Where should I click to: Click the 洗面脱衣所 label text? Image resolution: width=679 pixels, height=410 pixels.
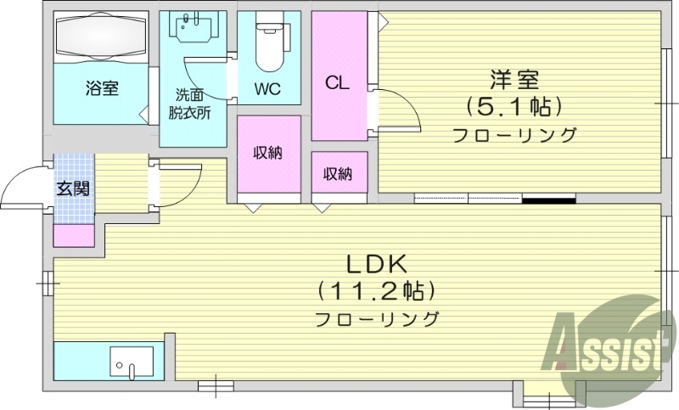click(x=189, y=104)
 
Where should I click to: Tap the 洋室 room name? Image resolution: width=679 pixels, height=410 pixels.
click(x=514, y=81)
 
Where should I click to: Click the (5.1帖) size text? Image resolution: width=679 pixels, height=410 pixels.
click(x=514, y=107)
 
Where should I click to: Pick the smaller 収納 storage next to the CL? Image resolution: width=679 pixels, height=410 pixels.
click(x=338, y=174)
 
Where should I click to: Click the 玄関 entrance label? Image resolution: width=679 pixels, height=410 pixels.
click(x=73, y=188)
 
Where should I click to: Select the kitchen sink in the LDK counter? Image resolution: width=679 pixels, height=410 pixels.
click(x=132, y=362)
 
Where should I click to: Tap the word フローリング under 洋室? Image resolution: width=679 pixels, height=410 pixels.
click(x=514, y=135)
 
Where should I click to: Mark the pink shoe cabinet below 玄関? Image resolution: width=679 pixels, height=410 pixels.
click(x=73, y=235)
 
